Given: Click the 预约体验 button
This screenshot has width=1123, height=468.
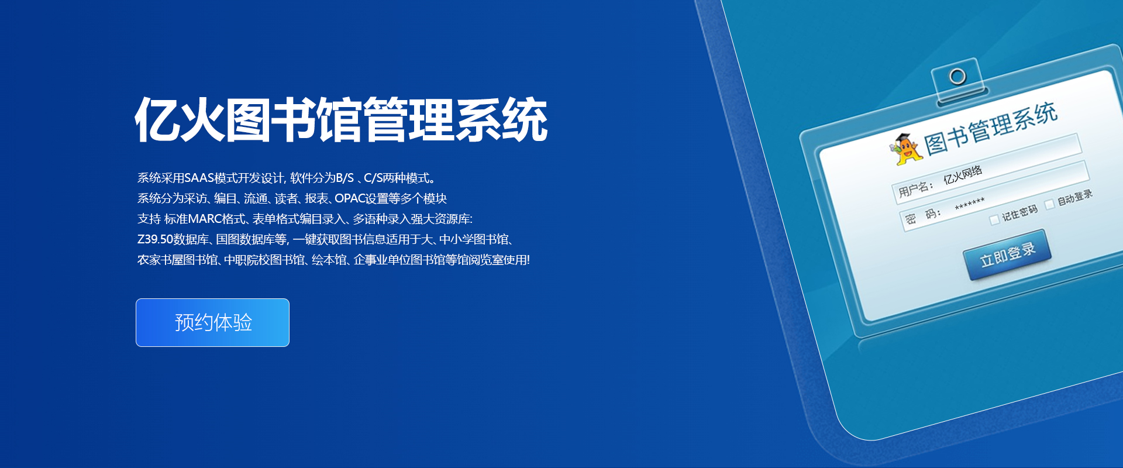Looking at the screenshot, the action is tap(212, 322).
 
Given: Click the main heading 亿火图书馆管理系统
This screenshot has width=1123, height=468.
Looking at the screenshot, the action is tap(342, 120).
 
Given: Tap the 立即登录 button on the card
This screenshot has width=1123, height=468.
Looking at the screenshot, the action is tap(1007, 254).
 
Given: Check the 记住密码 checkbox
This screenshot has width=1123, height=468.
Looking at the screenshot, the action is tap(994, 220).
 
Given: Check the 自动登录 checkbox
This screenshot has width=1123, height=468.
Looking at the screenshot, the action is tap(1050, 204).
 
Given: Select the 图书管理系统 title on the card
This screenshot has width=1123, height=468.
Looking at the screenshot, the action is tap(991, 128).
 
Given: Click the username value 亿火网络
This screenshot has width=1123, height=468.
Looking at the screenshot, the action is tap(963, 174).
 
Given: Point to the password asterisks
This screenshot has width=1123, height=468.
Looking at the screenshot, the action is tap(970, 204).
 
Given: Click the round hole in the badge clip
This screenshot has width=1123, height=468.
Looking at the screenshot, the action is tap(957, 76).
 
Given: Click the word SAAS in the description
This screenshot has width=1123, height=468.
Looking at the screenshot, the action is tap(199, 178).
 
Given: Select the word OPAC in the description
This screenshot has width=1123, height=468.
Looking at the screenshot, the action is tap(350, 198).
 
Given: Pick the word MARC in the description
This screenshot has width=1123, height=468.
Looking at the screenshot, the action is tap(205, 219).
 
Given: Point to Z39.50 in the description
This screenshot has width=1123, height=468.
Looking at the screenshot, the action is tap(155, 239).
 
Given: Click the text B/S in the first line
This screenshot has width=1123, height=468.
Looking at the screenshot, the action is tap(345, 178).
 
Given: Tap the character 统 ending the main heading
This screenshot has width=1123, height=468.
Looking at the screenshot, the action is tap(525, 120).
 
